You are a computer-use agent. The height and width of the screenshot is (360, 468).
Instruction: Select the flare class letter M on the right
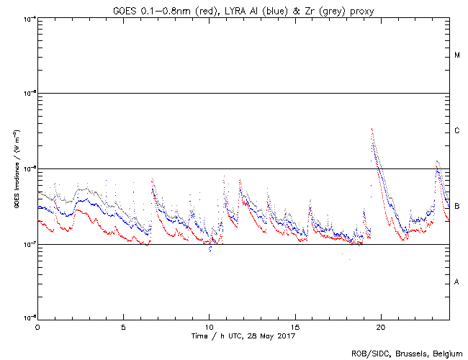457,55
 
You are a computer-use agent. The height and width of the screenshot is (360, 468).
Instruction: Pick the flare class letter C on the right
457,131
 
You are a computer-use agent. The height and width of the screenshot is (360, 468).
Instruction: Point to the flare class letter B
457,207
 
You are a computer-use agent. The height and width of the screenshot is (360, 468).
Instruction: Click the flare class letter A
457,282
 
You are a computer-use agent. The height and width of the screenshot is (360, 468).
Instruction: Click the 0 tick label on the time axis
37,327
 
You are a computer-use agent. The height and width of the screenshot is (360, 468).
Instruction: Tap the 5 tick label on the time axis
123,327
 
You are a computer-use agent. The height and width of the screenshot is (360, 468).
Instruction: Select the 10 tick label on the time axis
209,327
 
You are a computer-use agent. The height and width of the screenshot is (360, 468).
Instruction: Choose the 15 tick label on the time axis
295,327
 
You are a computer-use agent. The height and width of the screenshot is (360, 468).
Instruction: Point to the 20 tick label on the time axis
381,327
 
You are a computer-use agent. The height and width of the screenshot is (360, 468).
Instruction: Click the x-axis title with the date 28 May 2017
243,336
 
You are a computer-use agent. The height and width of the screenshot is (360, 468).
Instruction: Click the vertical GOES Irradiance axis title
15,169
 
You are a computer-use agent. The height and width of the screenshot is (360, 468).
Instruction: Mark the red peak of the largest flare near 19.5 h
372,129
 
